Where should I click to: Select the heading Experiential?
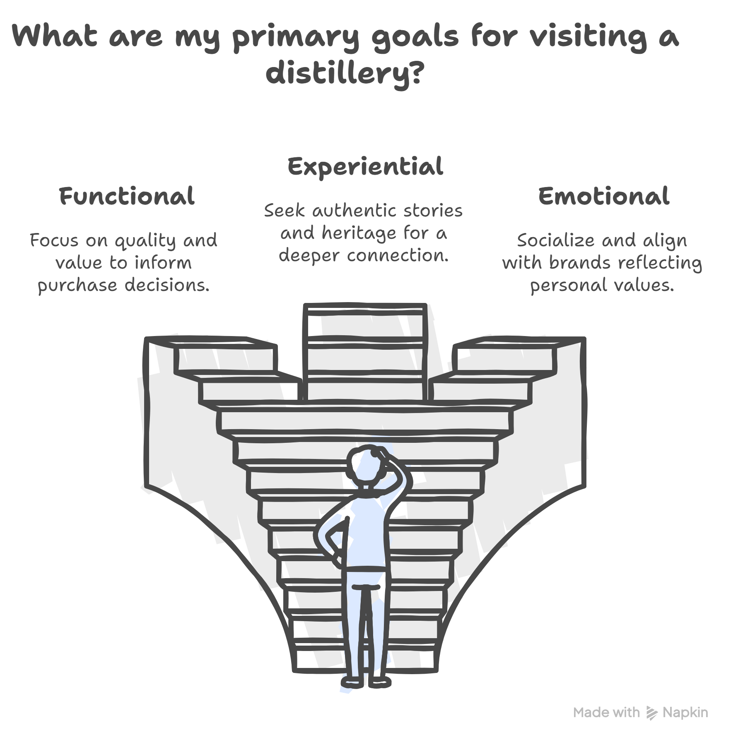coord(365,166)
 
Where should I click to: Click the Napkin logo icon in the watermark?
coord(651,713)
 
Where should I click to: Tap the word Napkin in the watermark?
coord(685,712)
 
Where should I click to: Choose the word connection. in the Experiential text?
coord(398,256)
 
